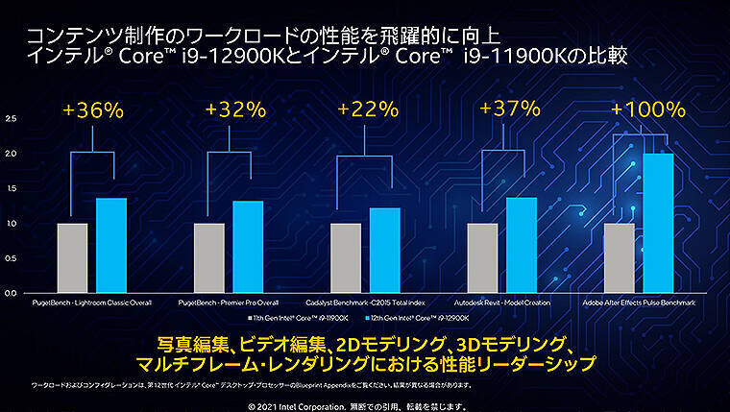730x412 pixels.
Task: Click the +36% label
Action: (93, 110)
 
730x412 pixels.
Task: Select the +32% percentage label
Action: (230, 110)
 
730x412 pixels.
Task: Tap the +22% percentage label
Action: (365, 110)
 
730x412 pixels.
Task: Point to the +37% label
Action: (503, 110)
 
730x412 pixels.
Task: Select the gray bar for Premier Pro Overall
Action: (208, 257)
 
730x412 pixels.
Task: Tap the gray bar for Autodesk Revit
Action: (482, 257)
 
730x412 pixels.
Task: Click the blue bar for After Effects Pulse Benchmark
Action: (658, 223)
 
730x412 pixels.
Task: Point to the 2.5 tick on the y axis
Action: (11, 119)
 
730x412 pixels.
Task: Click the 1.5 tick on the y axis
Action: (11, 188)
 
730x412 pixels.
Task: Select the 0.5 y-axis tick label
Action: (11, 257)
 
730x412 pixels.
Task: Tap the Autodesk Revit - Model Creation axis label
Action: (501, 303)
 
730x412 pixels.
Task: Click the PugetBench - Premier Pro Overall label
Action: (229, 303)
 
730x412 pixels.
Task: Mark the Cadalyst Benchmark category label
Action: (365, 303)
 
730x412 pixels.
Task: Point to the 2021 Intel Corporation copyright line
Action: (365, 404)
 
